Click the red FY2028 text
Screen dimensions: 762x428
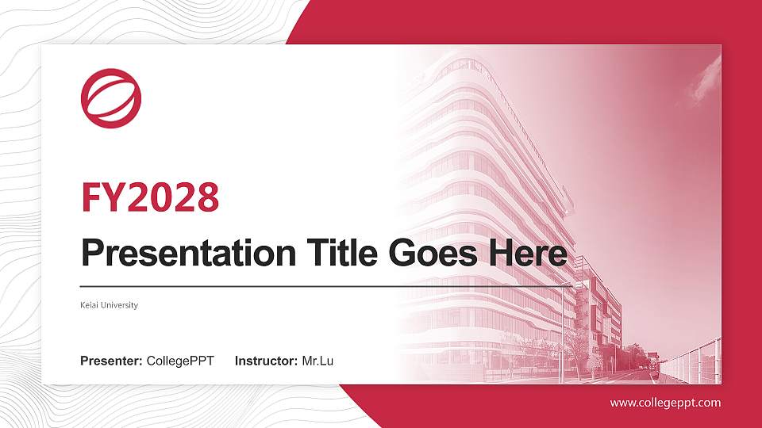150,197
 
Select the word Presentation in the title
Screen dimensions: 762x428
189,254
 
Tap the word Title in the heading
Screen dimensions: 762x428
342,252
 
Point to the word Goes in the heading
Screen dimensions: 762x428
433,253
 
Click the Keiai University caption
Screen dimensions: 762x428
110,305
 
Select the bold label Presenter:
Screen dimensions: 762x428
111,361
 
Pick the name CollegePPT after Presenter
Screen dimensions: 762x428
180,361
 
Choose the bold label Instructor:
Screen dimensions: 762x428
267,361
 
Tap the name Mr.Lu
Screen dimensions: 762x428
317,361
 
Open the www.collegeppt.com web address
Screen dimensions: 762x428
666,403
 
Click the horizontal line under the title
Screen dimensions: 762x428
326,287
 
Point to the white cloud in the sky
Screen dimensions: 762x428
703,80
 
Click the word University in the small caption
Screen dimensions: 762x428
120,305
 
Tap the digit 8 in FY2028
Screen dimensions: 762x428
208,197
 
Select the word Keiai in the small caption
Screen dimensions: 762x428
90,305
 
